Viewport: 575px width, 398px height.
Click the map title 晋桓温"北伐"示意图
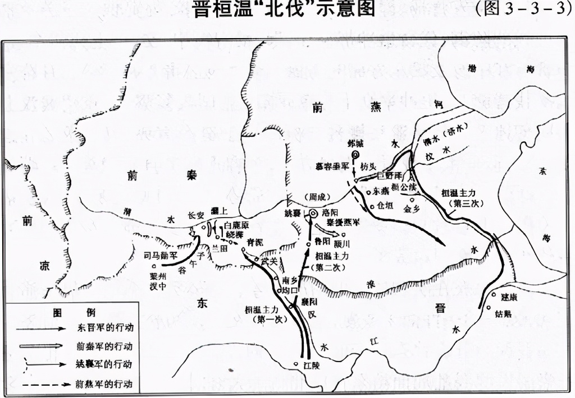[284, 10]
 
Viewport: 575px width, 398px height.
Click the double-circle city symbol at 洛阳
[313, 213]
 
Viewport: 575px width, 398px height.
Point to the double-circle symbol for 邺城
[355, 156]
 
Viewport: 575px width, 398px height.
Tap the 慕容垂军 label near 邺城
[332, 165]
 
